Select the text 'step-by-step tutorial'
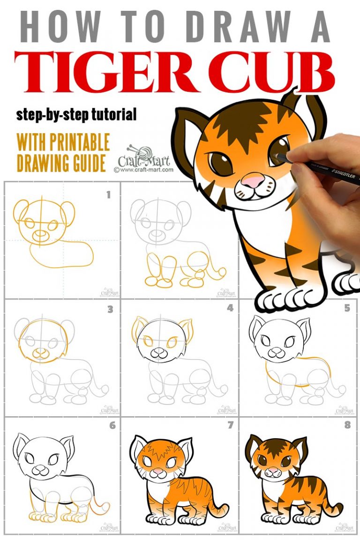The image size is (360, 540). (76, 114)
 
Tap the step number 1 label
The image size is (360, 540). (109, 195)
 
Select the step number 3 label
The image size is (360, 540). (110, 309)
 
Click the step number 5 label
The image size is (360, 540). (347, 308)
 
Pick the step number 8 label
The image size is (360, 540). (347, 426)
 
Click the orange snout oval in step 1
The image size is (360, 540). (42, 233)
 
